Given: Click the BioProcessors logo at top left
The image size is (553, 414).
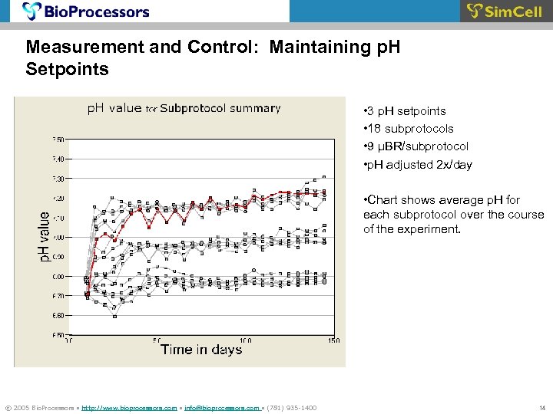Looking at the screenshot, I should point(86,11).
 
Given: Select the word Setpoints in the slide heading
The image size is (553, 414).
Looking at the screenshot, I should point(68,69).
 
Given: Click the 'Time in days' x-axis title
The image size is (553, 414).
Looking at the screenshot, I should point(201,350).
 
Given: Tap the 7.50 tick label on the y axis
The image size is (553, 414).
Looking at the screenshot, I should point(58,140).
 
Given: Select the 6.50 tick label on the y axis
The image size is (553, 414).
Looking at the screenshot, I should point(58,335).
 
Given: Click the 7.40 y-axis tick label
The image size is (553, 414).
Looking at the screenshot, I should point(58,159).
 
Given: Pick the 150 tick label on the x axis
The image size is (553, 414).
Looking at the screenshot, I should point(334,340).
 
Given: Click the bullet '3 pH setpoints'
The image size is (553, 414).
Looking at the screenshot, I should point(402,111).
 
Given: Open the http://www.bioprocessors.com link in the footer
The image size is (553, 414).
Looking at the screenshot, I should point(129,408).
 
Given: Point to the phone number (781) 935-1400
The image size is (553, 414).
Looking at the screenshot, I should point(291,408).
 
